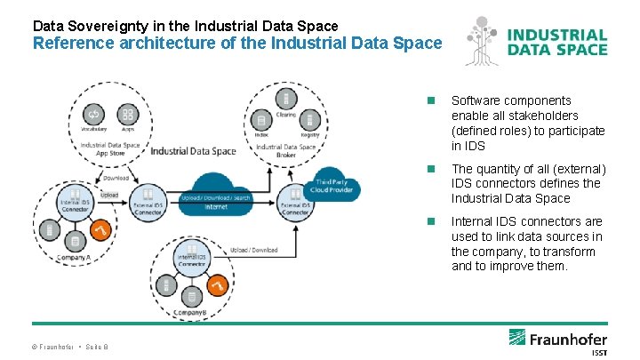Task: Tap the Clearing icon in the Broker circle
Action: (285, 98)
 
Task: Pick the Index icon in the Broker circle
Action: (261, 120)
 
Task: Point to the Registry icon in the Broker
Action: (308, 120)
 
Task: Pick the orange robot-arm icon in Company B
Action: (219, 285)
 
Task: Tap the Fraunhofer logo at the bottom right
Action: (558, 340)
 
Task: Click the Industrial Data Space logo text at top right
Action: (557, 42)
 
